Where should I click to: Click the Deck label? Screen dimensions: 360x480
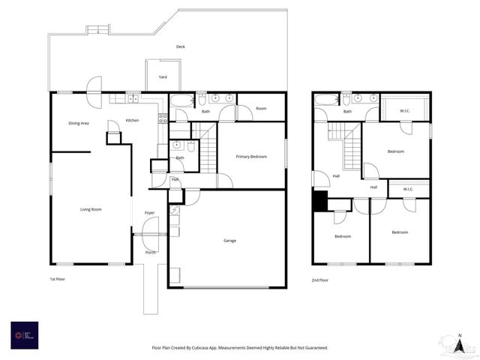coord(180,46)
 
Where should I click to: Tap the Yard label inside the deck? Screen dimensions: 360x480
coord(163,76)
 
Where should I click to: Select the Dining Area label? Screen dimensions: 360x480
coord(79,123)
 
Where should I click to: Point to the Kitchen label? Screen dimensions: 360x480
coord(132,121)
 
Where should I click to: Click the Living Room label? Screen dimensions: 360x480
coord(91,209)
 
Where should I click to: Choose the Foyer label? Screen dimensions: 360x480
coord(149,213)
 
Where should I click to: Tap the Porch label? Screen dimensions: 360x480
coord(150,253)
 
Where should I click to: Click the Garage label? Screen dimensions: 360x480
coord(229,241)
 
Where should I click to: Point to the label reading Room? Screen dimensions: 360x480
coord(261,109)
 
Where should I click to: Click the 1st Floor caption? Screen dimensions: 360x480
coord(58,278)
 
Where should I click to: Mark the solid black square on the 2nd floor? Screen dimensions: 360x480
coord(320,201)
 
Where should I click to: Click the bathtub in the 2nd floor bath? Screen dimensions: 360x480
coord(326,99)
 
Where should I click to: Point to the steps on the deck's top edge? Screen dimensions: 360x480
coord(97,30)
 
